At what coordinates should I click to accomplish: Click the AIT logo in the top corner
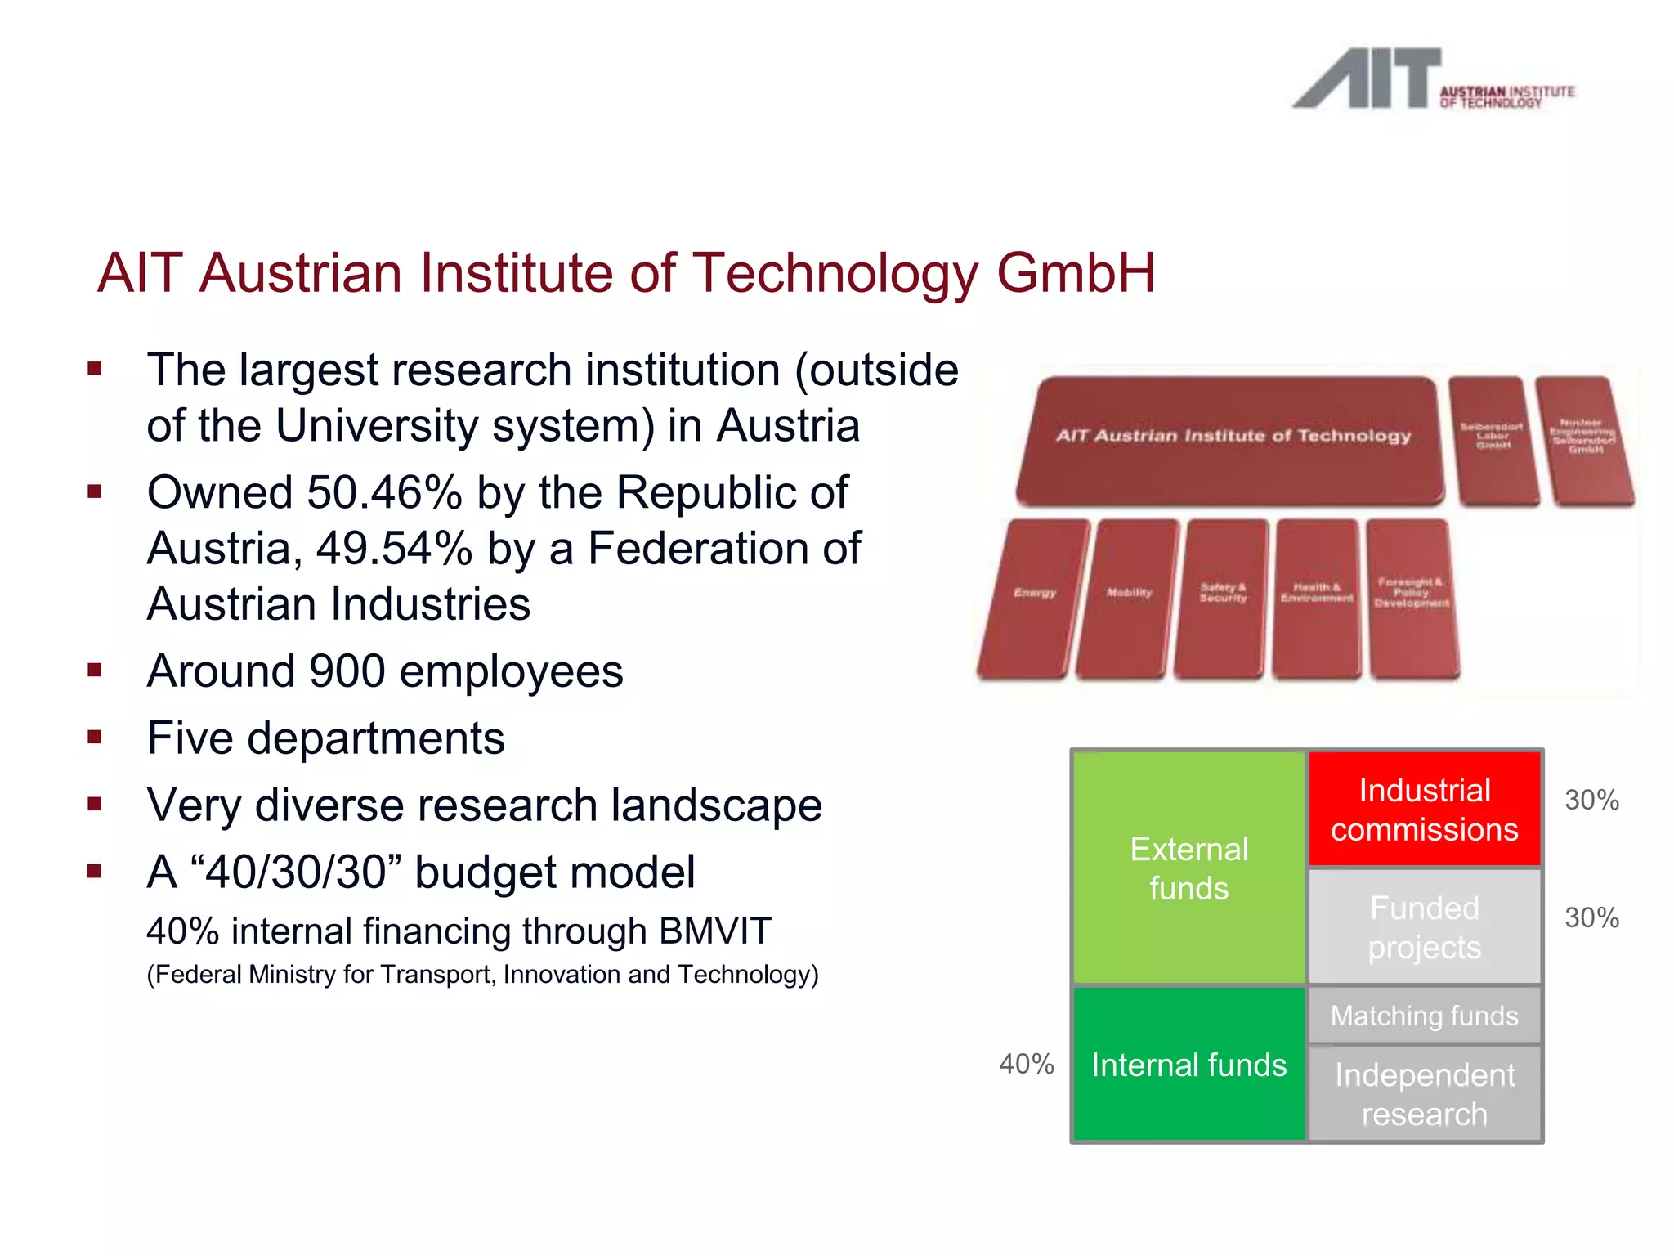point(1432,79)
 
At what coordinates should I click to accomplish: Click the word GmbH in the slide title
point(1076,273)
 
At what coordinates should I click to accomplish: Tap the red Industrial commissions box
point(1424,810)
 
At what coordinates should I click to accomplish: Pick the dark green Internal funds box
point(1188,1065)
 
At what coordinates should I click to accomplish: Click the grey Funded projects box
point(1424,927)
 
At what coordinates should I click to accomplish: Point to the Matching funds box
point(1424,1016)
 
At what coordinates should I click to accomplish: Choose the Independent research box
point(1424,1094)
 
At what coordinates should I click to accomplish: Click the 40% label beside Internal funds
point(1026,1064)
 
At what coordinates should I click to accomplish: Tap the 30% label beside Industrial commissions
point(1591,800)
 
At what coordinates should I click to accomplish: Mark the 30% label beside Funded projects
point(1591,917)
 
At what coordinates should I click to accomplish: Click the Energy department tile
point(1035,599)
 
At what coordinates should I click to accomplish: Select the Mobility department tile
point(1129,599)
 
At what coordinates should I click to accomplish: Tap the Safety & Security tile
point(1223,599)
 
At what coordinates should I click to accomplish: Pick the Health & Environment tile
point(1316,599)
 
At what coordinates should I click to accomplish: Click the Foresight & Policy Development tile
point(1412,599)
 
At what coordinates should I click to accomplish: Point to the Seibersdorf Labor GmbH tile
point(1492,440)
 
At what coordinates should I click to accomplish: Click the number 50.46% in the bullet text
point(384,493)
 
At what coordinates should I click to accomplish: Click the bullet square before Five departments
point(95,738)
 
